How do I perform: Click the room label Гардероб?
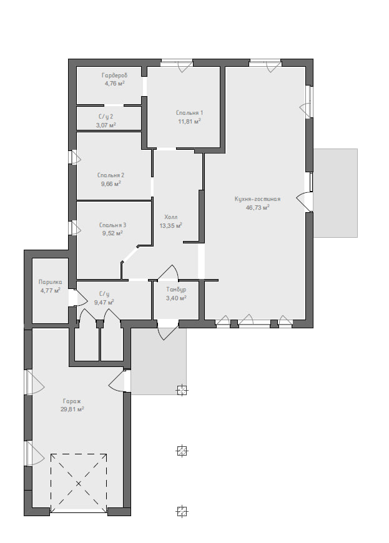115,75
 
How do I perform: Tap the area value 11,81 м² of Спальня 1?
189,121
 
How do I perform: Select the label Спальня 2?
111,175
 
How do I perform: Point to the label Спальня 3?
112,225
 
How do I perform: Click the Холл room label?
170,217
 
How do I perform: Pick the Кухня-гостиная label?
257,199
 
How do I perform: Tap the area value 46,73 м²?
257,208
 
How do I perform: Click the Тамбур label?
176,289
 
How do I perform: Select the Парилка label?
50,282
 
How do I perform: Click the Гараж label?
72,401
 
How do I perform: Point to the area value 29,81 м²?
72,409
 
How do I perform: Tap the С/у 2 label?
106,117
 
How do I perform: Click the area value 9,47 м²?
104,302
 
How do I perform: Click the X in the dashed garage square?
79,483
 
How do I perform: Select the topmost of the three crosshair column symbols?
182,390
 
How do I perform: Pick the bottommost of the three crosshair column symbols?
182,511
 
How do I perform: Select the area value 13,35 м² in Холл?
170,226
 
